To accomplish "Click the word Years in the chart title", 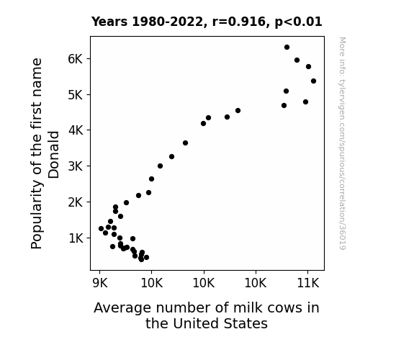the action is point(109,22).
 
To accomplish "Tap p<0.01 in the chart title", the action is point(298,22).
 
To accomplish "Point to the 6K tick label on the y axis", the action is point(76,58).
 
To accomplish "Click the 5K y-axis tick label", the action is point(76,94).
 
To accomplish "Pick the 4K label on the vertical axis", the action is point(76,130).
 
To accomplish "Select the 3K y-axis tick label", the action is point(76,166).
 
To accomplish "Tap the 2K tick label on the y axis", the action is point(76,202).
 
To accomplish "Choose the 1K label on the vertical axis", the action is point(76,238).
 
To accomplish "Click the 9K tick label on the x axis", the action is point(100,283).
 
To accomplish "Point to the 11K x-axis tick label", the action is point(308,283).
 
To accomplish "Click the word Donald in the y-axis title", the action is point(53,155).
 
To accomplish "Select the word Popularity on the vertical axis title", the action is point(37,215).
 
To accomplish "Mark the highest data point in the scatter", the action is point(287,48).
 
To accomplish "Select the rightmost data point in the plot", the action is point(313,81).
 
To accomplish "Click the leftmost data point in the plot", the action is point(101,229).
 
